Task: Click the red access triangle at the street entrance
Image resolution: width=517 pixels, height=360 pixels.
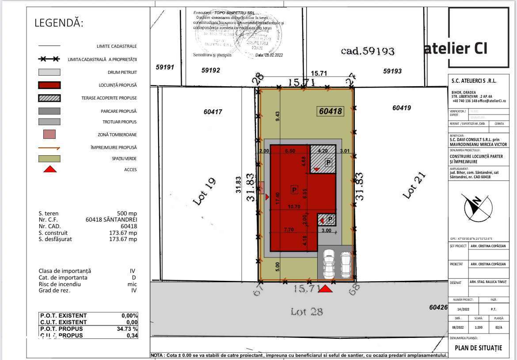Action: pyautogui.click(x=326, y=288)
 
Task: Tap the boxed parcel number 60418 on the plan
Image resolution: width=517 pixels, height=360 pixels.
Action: pyautogui.click(x=331, y=111)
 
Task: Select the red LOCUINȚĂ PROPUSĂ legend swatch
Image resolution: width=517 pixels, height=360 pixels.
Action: pyautogui.click(x=49, y=85)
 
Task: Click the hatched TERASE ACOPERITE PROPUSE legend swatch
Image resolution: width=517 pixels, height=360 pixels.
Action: pyautogui.click(x=49, y=98)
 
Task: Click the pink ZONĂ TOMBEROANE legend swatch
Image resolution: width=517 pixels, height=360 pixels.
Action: pyautogui.click(x=49, y=134)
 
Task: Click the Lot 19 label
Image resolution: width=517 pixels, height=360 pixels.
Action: pyautogui.click(x=204, y=191)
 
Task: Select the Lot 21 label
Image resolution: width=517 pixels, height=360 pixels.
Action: pyautogui.click(x=414, y=185)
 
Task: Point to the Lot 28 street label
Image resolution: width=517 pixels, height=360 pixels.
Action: pyautogui.click(x=307, y=311)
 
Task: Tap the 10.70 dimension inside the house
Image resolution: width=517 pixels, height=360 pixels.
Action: pyautogui.click(x=294, y=206)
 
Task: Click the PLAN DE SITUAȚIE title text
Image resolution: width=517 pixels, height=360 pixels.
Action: pyautogui.click(x=478, y=348)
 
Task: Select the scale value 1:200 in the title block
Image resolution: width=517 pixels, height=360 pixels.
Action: pyautogui.click(x=479, y=328)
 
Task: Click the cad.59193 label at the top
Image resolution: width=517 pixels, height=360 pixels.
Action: pyautogui.click(x=367, y=51)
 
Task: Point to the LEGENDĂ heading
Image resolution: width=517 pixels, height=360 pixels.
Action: pyautogui.click(x=59, y=23)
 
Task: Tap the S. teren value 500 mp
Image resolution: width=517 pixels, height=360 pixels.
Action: pyautogui.click(x=127, y=213)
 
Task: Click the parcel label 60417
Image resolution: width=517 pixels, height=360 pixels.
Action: pyautogui.click(x=213, y=112)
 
